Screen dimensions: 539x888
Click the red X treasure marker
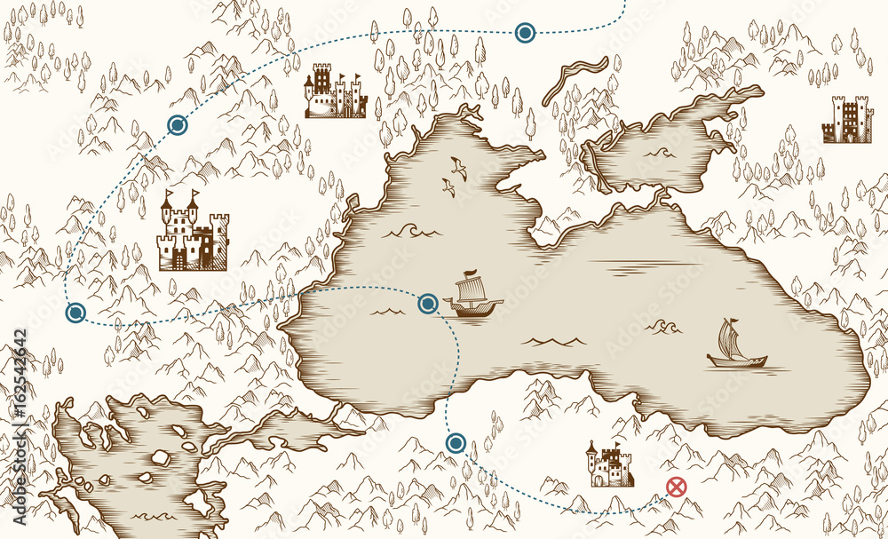(x=677, y=486)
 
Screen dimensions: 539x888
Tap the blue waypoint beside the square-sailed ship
(x=428, y=304)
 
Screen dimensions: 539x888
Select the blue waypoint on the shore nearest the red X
(x=456, y=441)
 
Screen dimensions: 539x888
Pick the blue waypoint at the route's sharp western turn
(x=75, y=312)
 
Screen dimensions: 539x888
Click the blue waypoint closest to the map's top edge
(x=525, y=34)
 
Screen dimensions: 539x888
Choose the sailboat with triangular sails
(x=733, y=346)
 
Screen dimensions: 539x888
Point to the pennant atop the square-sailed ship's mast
(x=472, y=272)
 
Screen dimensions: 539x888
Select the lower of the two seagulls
(x=449, y=186)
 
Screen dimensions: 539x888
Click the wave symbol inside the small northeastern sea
(x=659, y=154)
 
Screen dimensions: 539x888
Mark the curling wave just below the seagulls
(x=410, y=230)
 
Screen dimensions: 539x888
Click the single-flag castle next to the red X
(x=608, y=465)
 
